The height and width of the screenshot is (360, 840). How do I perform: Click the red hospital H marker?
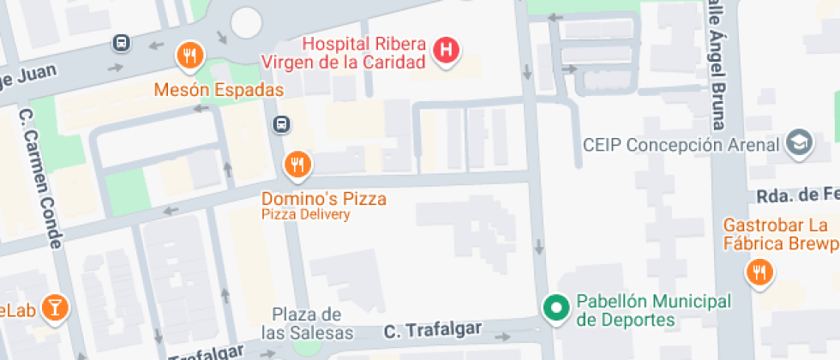point(445,50)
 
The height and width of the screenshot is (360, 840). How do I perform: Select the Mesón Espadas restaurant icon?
point(189,57)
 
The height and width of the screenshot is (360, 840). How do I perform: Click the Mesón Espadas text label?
point(219,89)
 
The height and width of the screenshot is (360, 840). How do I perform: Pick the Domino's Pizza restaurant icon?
point(297,165)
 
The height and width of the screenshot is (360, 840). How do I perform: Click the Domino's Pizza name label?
point(324,199)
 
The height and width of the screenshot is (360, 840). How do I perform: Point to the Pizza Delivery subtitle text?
point(306,215)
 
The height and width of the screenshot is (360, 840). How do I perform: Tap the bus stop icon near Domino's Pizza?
point(280,125)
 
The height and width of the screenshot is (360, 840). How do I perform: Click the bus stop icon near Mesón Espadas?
point(122,42)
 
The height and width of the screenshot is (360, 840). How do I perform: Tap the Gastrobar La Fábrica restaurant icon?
point(759,273)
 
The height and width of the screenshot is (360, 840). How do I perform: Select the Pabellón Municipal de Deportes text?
point(653,310)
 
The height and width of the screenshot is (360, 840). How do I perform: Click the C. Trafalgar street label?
point(433,330)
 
